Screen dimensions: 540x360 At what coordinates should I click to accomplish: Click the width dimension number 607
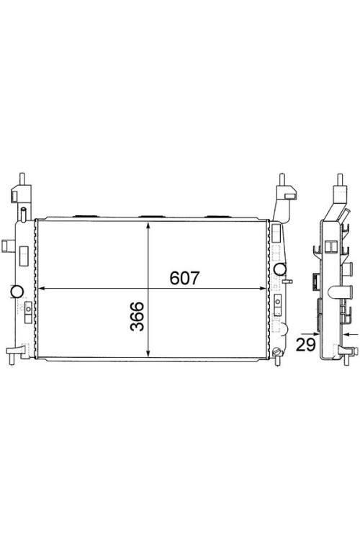pos(184,278)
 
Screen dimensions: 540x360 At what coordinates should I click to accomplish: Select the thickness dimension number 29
pos(306,344)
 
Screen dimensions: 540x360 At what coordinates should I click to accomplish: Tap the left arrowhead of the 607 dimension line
pos(40,289)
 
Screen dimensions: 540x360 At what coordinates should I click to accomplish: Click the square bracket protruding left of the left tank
pos(6,245)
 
